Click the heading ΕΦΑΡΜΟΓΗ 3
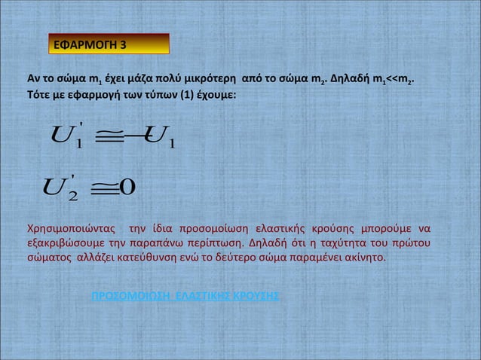coord(90,46)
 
